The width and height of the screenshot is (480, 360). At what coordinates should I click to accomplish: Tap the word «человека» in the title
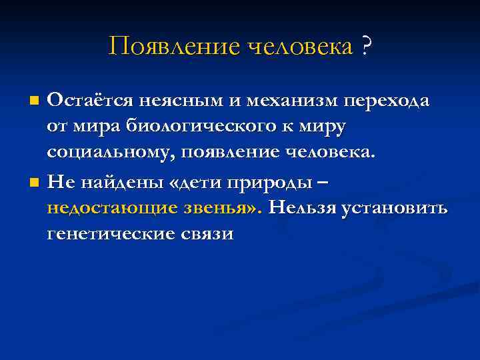pyautogui.click(x=301, y=47)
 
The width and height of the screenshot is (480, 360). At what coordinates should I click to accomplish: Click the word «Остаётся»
pyautogui.click(x=90, y=101)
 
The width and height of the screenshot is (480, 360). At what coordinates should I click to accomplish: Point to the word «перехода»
pyautogui.click(x=387, y=101)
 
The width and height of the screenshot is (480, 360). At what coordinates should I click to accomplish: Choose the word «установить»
pyautogui.click(x=393, y=207)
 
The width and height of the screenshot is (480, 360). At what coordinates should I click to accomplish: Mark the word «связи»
pyautogui.click(x=207, y=233)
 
